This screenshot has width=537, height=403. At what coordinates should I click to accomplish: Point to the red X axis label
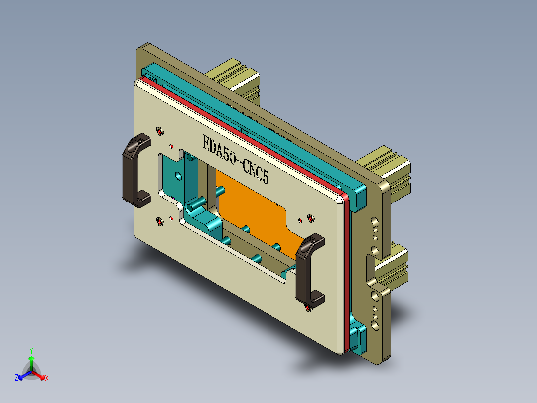coord(47,378)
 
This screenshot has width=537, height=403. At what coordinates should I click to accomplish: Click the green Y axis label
coord(31,351)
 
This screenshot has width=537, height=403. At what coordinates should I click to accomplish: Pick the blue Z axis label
coord(16,378)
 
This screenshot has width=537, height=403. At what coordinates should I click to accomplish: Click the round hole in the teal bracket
coord(178,176)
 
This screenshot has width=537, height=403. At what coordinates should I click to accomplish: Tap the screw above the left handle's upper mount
coord(160,131)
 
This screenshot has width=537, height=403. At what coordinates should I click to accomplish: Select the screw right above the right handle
coord(311,218)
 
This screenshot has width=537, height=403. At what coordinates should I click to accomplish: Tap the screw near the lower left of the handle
coord(160,221)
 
